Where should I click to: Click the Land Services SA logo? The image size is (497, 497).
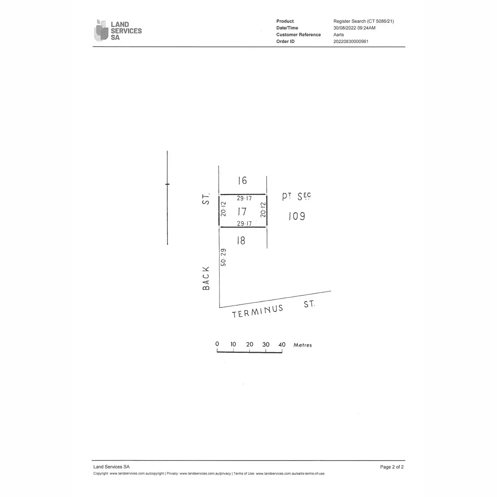click(x=118, y=30)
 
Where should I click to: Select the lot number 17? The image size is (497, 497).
click(x=242, y=212)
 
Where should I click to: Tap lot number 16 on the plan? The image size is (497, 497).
click(x=242, y=181)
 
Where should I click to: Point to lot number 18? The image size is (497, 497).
click(x=241, y=241)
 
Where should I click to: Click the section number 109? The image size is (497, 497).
click(x=297, y=216)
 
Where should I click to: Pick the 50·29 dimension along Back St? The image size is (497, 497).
click(x=223, y=257)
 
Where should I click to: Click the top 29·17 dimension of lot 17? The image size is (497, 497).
click(x=244, y=198)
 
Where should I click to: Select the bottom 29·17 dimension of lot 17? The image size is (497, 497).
click(x=244, y=224)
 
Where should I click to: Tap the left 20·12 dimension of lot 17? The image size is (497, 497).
click(x=223, y=209)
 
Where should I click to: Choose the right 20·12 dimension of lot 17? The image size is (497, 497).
click(x=263, y=210)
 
